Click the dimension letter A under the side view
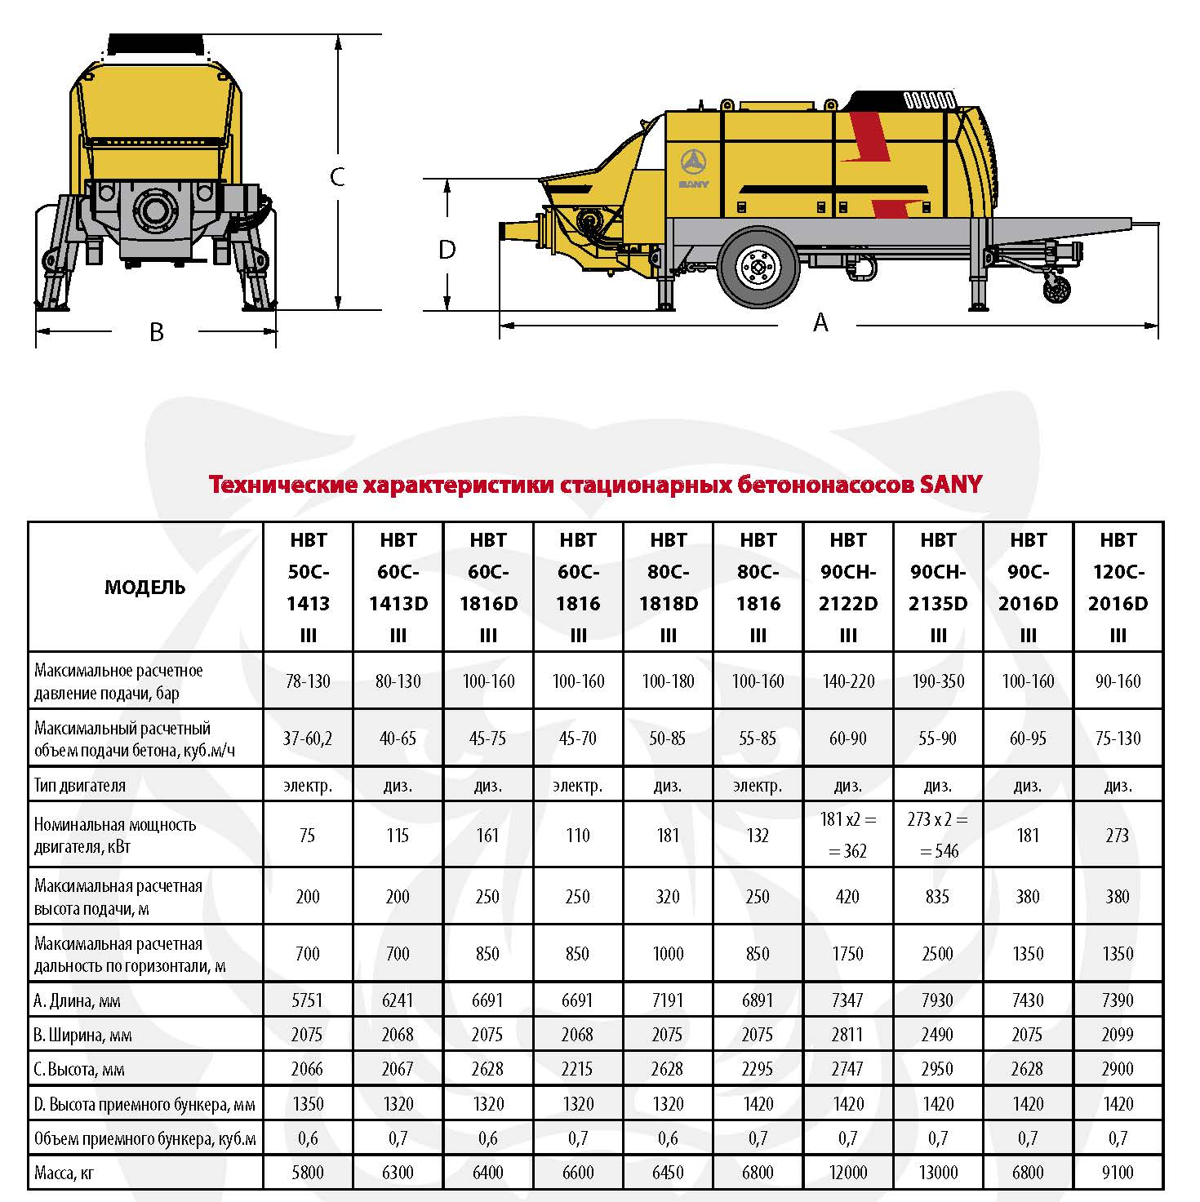click(x=820, y=323)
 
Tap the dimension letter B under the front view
click(x=156, y=332)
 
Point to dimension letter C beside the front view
click(x=337, y=176)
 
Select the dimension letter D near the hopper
click(x=447, y=250)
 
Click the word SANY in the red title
click(x=951, y=485)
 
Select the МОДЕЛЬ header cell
click(x=145, y=588)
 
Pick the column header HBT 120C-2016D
click(x=1118, y=588)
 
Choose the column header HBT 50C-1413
click(x=309, y=588)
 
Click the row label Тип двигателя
click(x=80, y=786)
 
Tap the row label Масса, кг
click(x=64, y=1173)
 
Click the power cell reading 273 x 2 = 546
click(x=938, y=835)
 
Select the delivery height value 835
click(x=938, y=897)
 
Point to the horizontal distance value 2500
click(x=938, y=954)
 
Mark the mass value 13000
click(x=938, y=1173)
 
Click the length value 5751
click(x=308, y=1000)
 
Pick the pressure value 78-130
click(x=308, y=681)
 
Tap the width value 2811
click(x=847, y=1035)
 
